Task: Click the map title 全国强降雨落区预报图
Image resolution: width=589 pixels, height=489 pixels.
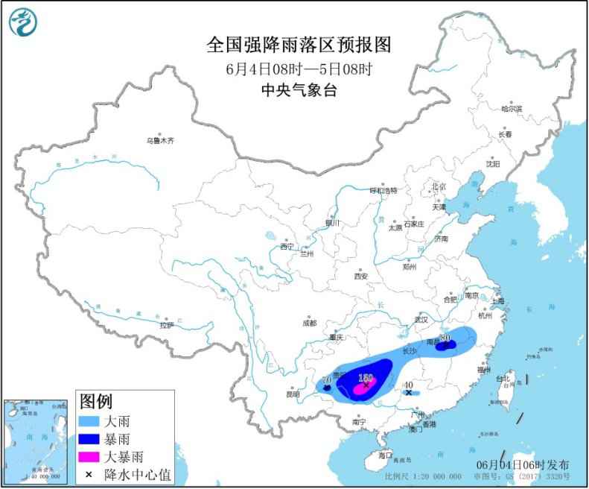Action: click(298, 45)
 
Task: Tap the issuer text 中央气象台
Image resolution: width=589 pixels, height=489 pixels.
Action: click(298, 90)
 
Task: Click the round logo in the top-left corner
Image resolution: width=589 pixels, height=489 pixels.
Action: click(23, 22)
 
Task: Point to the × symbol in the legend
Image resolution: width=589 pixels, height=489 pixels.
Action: click(89, 473)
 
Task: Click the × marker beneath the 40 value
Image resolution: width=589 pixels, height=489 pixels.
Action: click(408, 391)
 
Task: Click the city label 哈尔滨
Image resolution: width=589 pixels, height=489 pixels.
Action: click(512, 109)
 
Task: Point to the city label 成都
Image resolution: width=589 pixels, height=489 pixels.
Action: click(309, 323)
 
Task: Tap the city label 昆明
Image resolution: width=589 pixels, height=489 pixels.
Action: click(293, 394)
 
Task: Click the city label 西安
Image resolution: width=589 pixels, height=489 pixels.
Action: click(361, 275)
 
